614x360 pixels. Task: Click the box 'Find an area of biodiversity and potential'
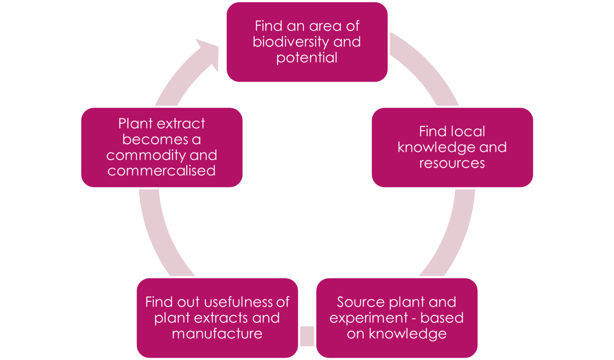click(x=307, y=42)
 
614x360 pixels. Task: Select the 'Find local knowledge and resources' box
click(x=452, y=147)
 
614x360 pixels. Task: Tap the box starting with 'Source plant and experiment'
click(x=397, y=318)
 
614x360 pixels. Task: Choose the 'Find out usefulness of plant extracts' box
click(x=217, y=318)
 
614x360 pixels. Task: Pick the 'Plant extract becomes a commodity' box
click(x=161, y=147)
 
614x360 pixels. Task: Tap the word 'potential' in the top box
click(x=307, y=58)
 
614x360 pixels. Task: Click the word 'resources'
click(x=452, y=163)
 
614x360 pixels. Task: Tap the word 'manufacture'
click(x=217, y=334)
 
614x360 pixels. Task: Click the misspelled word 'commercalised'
click(x=161, y=171)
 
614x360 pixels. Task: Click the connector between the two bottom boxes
click(x=307, y=336)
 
